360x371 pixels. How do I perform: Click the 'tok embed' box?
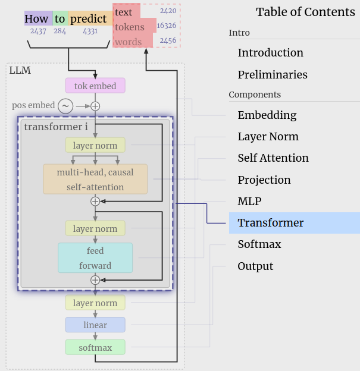(x=95, y=86)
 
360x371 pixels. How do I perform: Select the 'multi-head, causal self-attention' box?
(x=95, y=180)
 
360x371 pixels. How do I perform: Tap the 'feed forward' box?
(x=95, y=258)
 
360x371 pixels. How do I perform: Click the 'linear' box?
(x=95, y=325)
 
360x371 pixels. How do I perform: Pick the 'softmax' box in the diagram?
(x=95, y=347)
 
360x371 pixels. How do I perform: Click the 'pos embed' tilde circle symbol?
(x=65, y=106)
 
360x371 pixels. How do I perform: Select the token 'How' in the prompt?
(x=37, y=18)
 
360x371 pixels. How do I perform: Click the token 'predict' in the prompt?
(x=88, y=18)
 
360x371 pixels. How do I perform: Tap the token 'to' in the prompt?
(x=60, y=18)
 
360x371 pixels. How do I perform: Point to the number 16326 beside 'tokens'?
(x=167, y=26)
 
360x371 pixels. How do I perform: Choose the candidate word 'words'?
(x=129, y=42)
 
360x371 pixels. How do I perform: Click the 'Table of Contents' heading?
(x=305, y=12)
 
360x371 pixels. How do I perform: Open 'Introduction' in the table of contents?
(x=270, y=53)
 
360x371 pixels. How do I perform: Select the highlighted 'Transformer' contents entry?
(x=271, y=223)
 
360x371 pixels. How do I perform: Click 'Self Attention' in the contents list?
(x=273, y=158)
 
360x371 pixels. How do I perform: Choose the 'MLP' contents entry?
(x=250, y=202)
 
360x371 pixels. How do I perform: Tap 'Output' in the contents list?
(x=255, y=266)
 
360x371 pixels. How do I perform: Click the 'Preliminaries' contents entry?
(x=273, y=75)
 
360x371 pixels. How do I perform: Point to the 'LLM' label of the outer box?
(x=20, y=71)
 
